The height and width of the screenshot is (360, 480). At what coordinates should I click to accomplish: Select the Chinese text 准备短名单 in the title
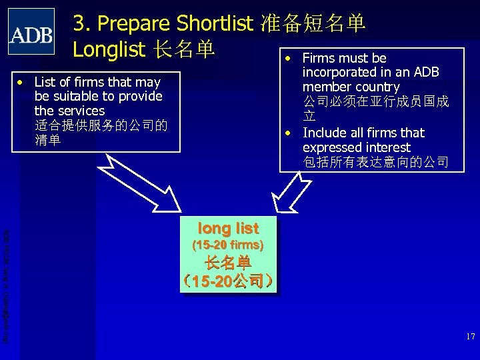(312, 24)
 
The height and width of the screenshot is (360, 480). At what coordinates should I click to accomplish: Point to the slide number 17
(470, 337)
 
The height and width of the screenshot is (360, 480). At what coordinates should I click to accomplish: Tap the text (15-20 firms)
(228, 245)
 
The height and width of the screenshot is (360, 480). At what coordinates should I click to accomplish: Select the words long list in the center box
(229, 227)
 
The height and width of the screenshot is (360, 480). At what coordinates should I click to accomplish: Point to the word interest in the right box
(387, 147)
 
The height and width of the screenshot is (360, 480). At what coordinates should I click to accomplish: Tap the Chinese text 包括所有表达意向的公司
(375, 162)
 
